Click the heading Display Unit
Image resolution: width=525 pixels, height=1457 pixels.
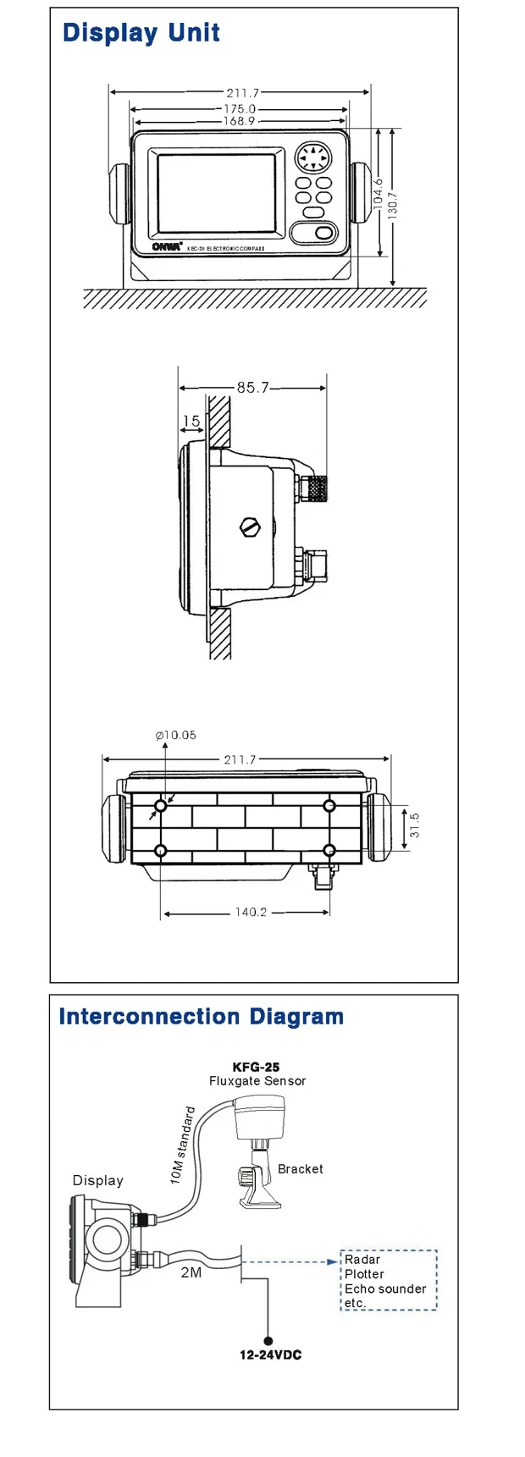(x=141, y=33)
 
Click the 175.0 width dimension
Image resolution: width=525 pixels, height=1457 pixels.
(x=240, y=109)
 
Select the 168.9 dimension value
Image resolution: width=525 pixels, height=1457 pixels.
(x=239, y=121)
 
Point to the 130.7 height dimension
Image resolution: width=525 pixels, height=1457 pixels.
(x=392, y=206)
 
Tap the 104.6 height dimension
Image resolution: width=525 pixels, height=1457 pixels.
(x=378, y=193)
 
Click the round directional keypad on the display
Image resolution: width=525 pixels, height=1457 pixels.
(x=312, y=158)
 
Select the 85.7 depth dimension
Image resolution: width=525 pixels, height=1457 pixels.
(x=252, y=387)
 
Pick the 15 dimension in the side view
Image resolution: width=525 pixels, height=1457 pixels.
(x=191, y=421)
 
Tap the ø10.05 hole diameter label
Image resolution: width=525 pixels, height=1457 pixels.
(x=176, y=735)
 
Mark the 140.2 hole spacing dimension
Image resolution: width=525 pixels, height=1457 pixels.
(x=251, y=912)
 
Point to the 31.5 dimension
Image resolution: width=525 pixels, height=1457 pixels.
(x=414, y=825)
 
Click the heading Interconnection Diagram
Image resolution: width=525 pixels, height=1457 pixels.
(x=202, y=1017)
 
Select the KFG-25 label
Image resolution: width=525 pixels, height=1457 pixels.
(x=256, y=1067)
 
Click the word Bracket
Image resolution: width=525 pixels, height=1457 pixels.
(x=301, y=1168)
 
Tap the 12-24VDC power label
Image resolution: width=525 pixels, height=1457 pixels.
(x=270, y=1355)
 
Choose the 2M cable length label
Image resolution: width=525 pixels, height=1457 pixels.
(x=191, y=1272)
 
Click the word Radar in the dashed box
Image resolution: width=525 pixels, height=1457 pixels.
(x=362, y=1259)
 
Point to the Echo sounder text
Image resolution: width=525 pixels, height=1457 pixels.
(x=385, y=1289)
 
